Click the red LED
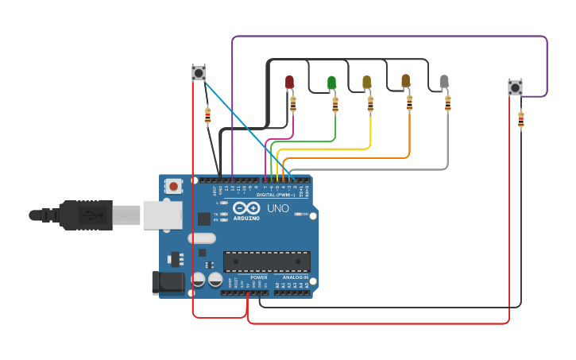click(x=289, y=82)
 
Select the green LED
click(x=331, y=83)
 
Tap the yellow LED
click(x=366, y=82)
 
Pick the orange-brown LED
click(x=406, y=81)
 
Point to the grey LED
click(x=444, y=81)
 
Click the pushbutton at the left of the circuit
click(x=199, y=73)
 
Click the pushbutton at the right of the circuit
click(x=515, y=87)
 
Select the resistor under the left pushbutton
click(x=207, y=117)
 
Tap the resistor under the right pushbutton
click(x=520, y=120)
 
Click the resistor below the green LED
click(x=334, y=104)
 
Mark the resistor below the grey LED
click(x=447, y=103)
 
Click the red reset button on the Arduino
click(x=173, y=187)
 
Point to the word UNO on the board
click(x=277, y=208)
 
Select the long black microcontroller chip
click(x=266, y=261)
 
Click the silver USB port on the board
click(x=162, y=215)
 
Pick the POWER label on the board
click(x=259, y=277)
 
